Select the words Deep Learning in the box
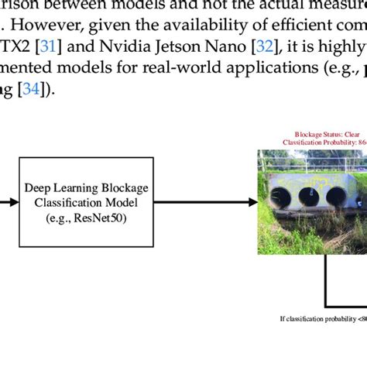pos(58,188)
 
